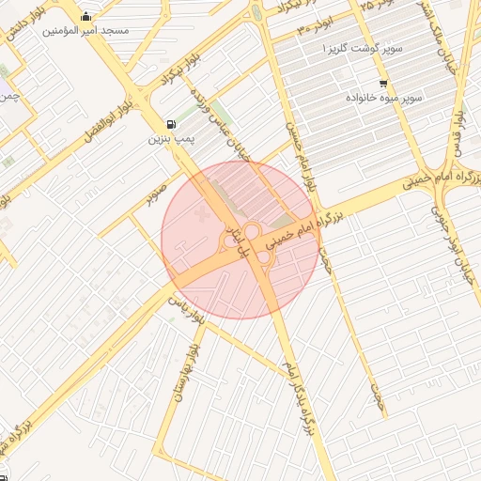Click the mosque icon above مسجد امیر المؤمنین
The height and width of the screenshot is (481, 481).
(86, 16)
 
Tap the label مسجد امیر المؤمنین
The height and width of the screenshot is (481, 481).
(86, 31)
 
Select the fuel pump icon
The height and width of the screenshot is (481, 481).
(170, 124)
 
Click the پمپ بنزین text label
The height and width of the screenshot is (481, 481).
(170, 139)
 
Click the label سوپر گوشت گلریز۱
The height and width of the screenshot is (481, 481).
(365, 47)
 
